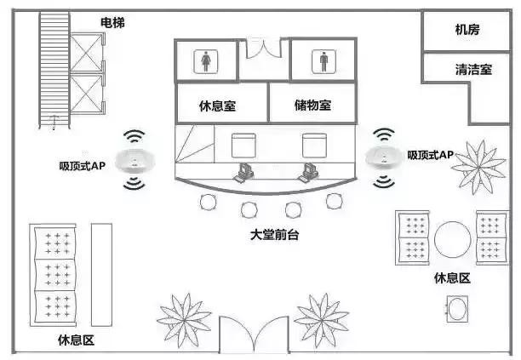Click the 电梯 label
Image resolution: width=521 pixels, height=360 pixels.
tap(112, 23)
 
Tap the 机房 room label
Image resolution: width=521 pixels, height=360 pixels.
tap(467, 30)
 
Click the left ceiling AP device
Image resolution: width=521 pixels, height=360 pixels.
tap(134, 159)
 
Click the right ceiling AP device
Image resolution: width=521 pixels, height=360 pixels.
tap(385, 157)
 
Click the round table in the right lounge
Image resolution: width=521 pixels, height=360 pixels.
tap(452, 238)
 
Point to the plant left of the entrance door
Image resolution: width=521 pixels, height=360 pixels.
tap(184, 321)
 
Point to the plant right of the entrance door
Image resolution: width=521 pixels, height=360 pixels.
tap(322, 320)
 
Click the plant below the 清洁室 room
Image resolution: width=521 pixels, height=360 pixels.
tap(483, 164)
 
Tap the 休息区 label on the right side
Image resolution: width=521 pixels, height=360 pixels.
tap(452, 278)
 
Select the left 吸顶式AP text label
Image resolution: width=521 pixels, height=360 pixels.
tap(82, 164)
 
